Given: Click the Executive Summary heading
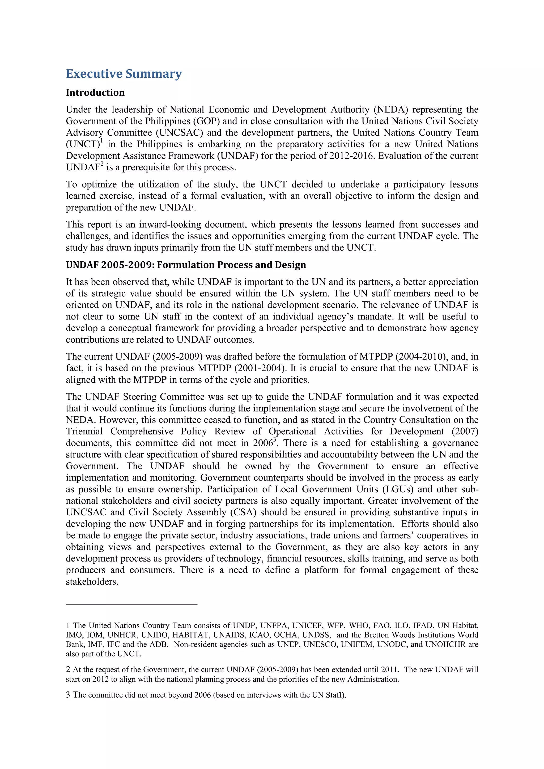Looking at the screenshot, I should click(124, 74).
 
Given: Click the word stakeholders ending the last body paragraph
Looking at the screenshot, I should click(92, 582).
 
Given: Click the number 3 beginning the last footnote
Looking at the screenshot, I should click(68, 695).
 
